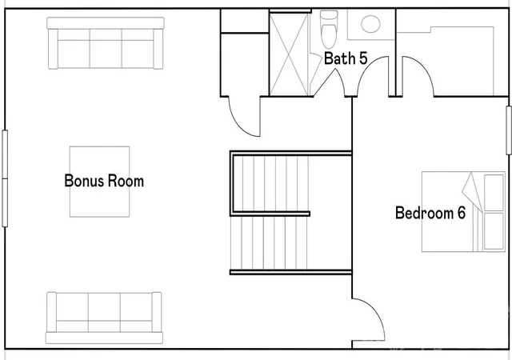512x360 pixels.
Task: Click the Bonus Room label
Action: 104,181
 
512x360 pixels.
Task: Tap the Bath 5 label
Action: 346,58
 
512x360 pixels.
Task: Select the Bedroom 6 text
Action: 430,213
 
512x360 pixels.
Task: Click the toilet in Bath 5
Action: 329,30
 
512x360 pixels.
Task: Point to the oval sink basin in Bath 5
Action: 370,24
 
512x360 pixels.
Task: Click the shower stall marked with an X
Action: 289,54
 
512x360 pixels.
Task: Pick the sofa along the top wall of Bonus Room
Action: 106,43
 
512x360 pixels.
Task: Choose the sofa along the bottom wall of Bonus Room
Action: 104,318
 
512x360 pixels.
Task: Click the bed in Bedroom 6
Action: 463,212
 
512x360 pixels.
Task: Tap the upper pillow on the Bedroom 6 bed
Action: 494,193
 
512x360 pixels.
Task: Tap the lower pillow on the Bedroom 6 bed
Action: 494,231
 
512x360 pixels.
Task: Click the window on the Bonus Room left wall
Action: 5,178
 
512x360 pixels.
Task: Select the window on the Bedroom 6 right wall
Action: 509,130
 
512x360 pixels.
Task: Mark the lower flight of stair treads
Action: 269,242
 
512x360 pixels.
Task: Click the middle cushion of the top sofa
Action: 106,48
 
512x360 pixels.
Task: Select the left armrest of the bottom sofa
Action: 51,312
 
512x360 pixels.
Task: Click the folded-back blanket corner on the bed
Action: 473,191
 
